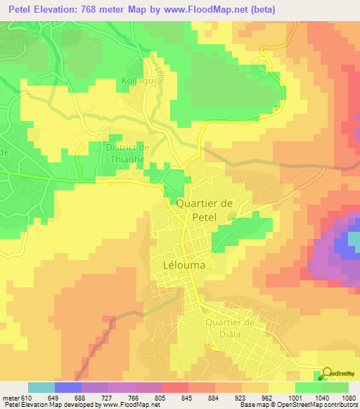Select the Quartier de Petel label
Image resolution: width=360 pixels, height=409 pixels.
point(204,210)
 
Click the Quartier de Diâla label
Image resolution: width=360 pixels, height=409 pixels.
point(229,328)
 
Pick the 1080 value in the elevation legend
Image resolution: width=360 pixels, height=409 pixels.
point(340,398)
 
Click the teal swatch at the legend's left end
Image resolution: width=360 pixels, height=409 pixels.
point(41,387)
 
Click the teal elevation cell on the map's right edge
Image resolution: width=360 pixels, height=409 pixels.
point(354,242)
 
